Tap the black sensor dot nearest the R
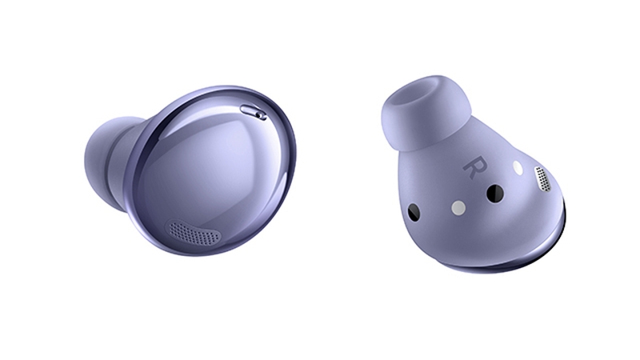495,193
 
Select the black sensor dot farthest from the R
414,212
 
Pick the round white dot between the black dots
458,208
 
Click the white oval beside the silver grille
518,169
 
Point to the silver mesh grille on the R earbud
543,180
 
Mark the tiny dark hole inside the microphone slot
261,114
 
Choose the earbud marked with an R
472,176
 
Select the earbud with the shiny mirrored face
200,168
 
